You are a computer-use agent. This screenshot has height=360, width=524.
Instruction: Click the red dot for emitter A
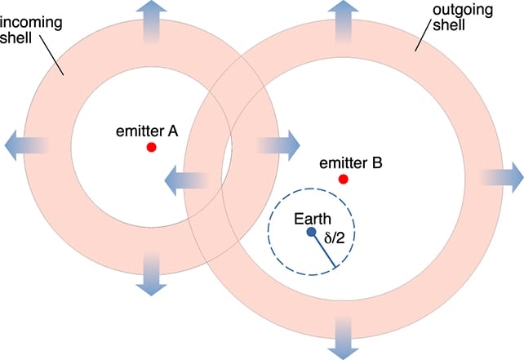[x=151, y=147]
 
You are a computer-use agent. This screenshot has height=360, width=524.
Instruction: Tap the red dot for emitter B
[x=343, y=179]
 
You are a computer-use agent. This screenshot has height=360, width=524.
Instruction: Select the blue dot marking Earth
[x=312, y=232]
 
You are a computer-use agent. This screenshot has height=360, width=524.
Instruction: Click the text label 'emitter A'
[x=147, y=131]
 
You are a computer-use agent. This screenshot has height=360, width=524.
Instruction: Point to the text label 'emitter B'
[x=351, y=163]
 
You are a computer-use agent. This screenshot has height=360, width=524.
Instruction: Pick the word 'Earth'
[x=313, y=219]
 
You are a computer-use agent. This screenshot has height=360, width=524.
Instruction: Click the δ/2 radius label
[x=334, y=238]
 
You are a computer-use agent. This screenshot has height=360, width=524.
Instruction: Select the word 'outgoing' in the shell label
[x=463, y=10]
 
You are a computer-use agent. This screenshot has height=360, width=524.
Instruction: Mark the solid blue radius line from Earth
[x=323, y=249]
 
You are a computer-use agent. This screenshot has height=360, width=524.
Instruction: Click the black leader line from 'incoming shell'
[x=51, y=56]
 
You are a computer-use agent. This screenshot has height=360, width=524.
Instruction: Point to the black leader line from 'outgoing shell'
[x=423, y=38]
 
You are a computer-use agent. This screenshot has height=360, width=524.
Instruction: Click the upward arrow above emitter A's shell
[x=151, y=22]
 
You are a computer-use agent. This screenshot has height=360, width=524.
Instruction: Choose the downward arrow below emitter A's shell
[x=151, y=273]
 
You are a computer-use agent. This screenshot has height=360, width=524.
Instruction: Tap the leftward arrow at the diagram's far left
[x=26, y=146]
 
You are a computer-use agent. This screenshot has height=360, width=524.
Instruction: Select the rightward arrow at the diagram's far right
[x=501, y=177]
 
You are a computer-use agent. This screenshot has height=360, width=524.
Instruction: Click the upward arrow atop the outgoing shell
[x=343, y=22]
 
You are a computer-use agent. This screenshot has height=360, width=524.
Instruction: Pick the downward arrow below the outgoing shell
[x=343, y=338]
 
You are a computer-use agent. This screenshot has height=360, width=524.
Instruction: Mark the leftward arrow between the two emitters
[x=187, y=180]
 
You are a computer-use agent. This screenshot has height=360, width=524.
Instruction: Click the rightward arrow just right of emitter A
[x=278, y=146]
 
